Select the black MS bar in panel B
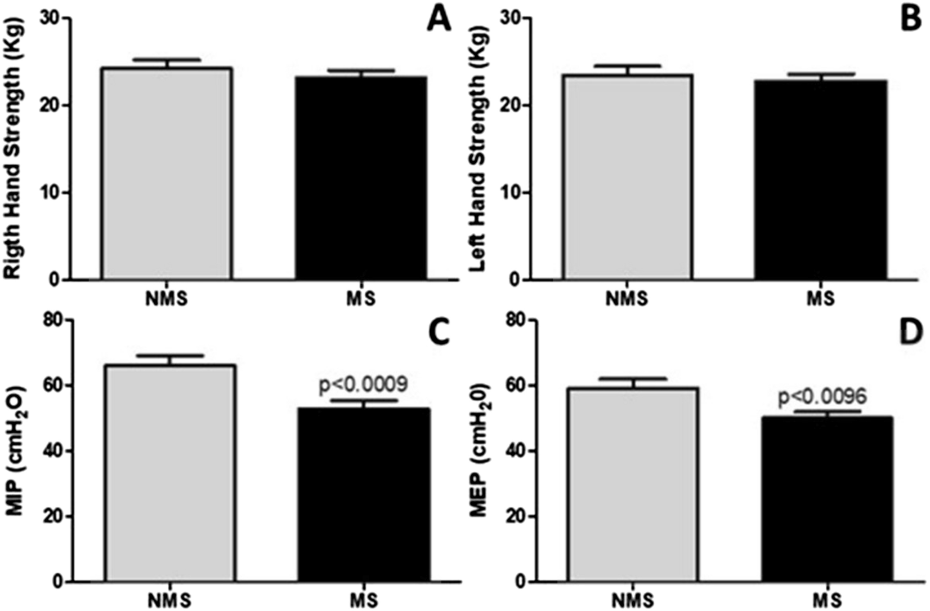[821, 180]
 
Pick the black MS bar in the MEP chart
[827, 499]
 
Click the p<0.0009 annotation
[363, 385]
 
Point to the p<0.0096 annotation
[822, 397]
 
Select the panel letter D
[910, 333]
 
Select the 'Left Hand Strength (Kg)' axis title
[477, 149]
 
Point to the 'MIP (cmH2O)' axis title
[16, 451]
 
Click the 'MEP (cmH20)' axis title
[480, 451]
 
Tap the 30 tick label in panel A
[50, 19]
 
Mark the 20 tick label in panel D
[515, 516]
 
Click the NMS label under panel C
[170, 600]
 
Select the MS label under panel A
[361, 298]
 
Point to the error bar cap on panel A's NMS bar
[167, 59]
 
